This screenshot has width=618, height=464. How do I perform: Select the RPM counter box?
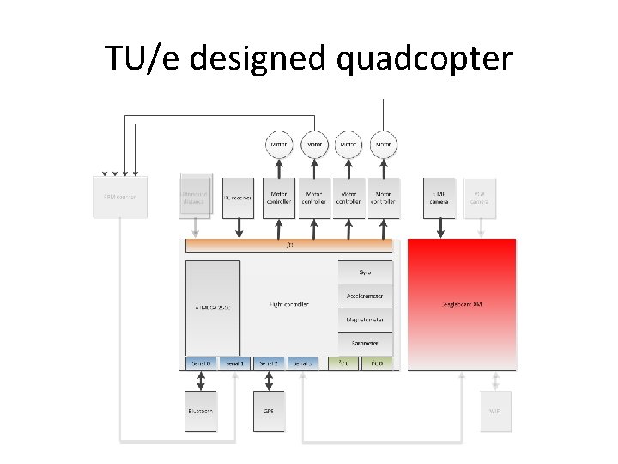(120, 197)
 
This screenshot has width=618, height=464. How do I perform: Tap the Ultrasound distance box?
(195, 197)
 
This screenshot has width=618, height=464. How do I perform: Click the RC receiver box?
(237, 197)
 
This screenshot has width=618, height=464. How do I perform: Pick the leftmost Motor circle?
(279, 144)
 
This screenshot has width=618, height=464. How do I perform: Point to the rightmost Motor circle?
(384, 144)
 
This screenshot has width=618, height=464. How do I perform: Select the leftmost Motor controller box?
(279, 197)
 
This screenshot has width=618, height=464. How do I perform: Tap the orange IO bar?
(289, 245)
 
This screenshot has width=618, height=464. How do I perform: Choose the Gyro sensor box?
(366, 272)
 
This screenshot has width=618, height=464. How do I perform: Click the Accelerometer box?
(366, 296)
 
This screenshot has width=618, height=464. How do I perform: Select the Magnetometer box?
(366, 319)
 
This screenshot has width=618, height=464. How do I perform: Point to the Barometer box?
(366, 342)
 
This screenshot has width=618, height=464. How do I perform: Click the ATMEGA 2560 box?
(212, 305)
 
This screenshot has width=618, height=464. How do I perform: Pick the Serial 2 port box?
(269, 363)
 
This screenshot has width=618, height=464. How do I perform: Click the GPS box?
(269, 410)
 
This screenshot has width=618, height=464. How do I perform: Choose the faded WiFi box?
(495, 410)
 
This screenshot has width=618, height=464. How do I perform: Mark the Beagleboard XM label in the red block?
(462, 304)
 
